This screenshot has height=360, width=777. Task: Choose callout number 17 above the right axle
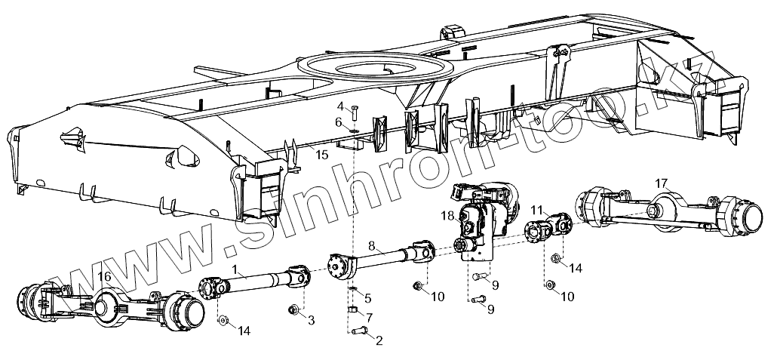661,183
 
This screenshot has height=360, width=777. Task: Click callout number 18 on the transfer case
447,216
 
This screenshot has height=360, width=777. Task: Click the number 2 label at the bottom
379,341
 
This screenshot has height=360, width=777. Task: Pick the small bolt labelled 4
354,112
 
